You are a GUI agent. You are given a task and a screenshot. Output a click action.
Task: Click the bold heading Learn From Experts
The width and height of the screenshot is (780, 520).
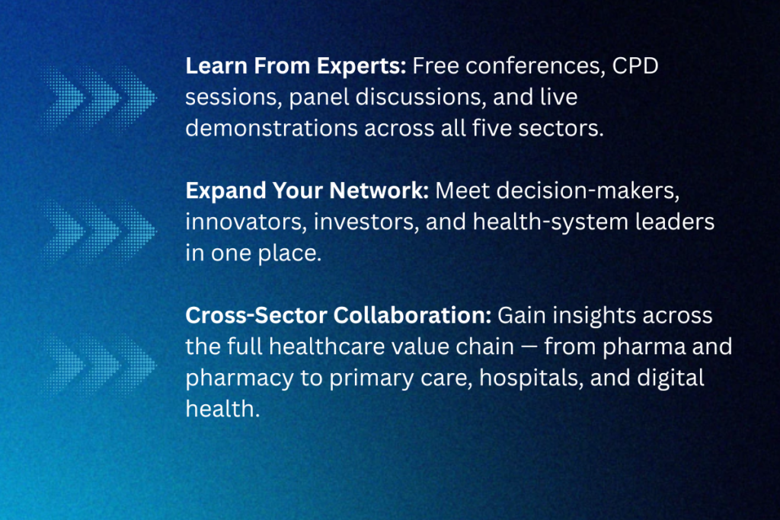(296, 66)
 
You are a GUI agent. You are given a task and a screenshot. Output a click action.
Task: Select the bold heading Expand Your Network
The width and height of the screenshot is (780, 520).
(307, 191)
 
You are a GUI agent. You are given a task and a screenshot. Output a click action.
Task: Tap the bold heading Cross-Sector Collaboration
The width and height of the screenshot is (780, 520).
(338, 316)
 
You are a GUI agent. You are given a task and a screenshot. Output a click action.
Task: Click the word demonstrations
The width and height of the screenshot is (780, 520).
(272, 129)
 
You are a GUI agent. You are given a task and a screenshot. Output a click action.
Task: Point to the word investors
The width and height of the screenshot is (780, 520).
(366, 222)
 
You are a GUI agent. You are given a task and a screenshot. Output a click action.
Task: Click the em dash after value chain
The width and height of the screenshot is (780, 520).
(529, 347)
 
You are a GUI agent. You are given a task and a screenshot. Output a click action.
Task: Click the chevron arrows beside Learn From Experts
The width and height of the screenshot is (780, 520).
(98, 97)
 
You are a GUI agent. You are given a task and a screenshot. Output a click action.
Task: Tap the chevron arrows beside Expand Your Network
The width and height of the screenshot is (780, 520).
(98, 230)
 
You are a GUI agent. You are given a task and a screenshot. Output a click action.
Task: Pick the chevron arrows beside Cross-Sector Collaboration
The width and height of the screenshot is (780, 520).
(98, 365)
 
